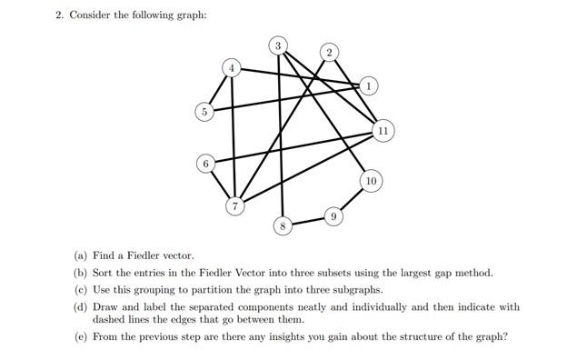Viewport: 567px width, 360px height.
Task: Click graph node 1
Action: pos(368,85)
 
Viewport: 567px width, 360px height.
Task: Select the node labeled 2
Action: pos(329,50)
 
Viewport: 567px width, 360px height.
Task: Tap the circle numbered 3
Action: pos(279,45)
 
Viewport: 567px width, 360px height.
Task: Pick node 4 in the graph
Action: pos(233,67)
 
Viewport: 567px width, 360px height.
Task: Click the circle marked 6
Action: pos(206,164)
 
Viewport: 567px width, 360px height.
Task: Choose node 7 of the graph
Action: pos(235,206)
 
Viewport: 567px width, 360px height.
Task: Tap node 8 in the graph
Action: pos(283,224)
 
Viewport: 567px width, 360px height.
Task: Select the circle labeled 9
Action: pos(333,216)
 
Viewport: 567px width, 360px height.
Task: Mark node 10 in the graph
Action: pos(371,180)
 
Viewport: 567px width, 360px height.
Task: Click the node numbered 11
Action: pos(383,131)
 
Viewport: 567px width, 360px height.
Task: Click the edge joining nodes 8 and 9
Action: pos(308,220)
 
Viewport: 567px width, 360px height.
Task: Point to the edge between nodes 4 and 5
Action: pos(218,89)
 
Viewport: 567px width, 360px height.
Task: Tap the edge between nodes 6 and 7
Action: pos(221,185)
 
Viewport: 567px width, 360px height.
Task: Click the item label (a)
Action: pos(81,257)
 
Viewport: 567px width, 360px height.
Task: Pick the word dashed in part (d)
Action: pos(108,320)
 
